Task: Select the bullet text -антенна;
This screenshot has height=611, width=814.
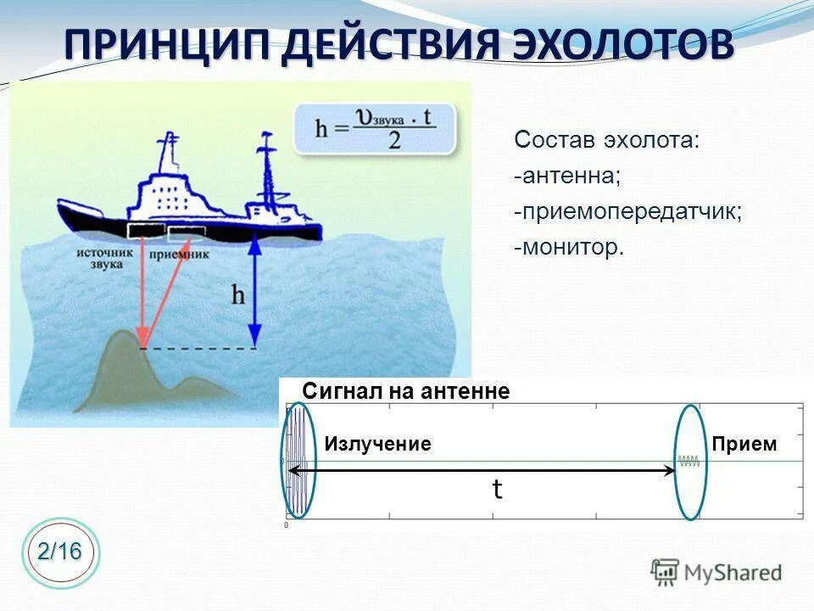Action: point(567,176)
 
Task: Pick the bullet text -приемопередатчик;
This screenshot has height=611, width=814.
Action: point(627,211)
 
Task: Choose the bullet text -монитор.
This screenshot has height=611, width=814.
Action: point(568,247)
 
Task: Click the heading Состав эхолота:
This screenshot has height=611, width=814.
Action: point(607,140)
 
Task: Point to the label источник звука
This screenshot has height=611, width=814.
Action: point(105,258)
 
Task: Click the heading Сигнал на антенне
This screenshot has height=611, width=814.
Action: point(406,391)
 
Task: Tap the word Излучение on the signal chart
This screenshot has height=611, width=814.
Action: point(378,444)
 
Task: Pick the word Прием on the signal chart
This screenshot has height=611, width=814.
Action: point(744,444)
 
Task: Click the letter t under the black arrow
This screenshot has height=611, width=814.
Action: point(498,489)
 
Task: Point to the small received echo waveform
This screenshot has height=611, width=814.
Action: point(689,462)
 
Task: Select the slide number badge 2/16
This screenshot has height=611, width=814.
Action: point(60,552)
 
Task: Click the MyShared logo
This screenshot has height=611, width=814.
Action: point(716,572)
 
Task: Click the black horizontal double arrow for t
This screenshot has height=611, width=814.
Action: point(483,469)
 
